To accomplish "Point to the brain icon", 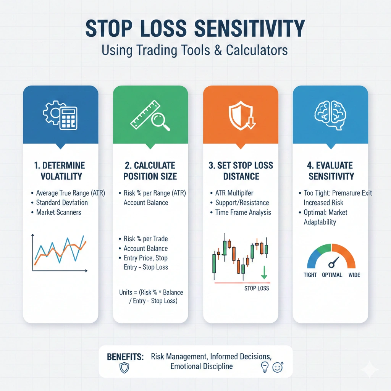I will click(x=330, y=115).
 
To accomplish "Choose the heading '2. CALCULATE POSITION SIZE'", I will click(x=150, y=171).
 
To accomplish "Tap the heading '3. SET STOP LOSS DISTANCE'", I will click(x=241, y=171).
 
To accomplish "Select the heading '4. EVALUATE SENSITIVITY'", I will click(x=331, y=171).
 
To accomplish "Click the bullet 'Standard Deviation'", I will click(x=62, y=202).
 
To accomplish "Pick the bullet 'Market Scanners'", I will click(x=58, y=212).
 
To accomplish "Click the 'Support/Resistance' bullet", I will click(x=242, y=202).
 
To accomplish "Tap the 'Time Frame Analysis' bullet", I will click(x=243, y=212).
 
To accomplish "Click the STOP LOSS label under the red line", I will click(x=257, y=288).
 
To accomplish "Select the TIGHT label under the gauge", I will click(x=310, y=275).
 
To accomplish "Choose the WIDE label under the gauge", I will click(x=354, y=275).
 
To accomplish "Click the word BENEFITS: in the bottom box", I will click(x=125, y=357).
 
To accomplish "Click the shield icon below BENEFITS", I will click(x=124, y=368).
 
